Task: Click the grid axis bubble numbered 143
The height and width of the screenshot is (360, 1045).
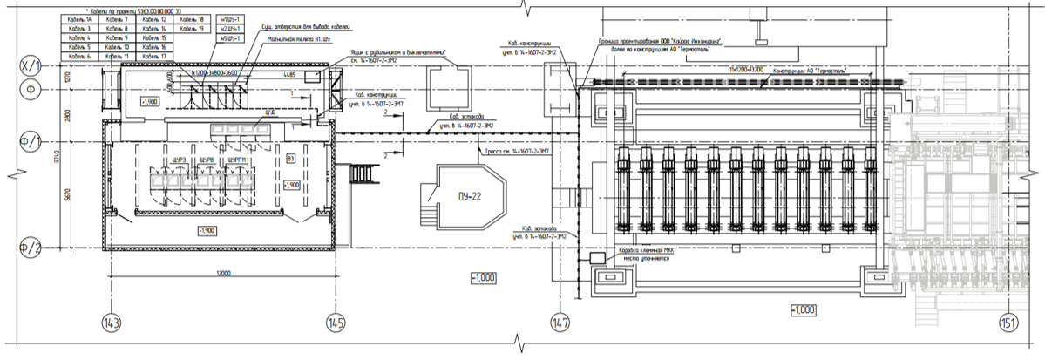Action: pyautogui.click(x=111, y=323)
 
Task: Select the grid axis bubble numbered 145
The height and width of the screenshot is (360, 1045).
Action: pyautogui.click(x=334, y=323)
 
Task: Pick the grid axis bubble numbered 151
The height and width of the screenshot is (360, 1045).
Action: pyautogui.click(x=1008, y=323)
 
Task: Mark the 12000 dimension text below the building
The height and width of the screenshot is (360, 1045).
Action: pyautogui.click(x=219, y=274)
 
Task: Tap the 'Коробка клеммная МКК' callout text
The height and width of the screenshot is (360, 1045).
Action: pyautogui.click(x=648, y=253)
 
